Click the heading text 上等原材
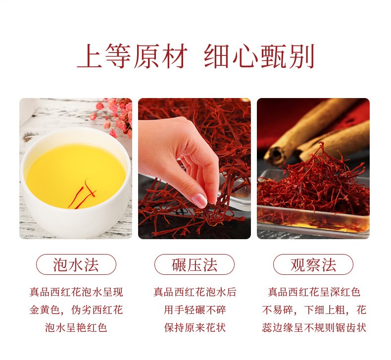coord(133,57)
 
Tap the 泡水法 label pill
coord(76,264)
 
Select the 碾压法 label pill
coord(195,264)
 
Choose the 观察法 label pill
coord(313,264)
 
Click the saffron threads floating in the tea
coord(83,194)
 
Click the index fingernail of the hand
coord(199,200)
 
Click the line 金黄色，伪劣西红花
coord(76,310)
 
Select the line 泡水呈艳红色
coord(76,327)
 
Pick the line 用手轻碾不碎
coord(195,310)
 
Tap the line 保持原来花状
coord(195,327)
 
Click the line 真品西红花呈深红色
coord(314,292)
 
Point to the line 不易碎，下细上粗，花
coord(314,310)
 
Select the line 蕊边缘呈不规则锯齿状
coord(314,327)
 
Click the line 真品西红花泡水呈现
coord(76,292)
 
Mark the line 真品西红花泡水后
coord(195,292)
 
